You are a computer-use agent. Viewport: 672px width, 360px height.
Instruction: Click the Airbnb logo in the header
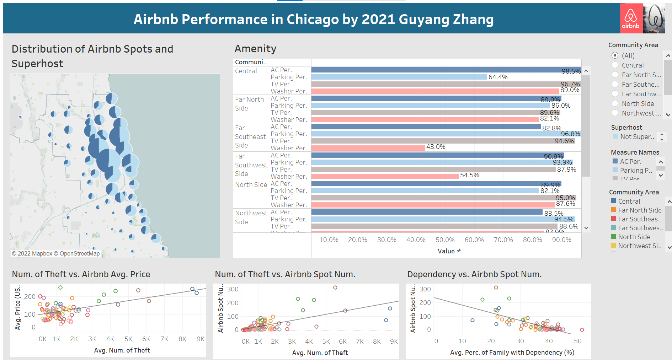(631, 18)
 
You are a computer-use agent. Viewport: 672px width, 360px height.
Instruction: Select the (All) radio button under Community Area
(615, 55)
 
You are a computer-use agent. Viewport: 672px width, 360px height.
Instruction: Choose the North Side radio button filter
(615, 103)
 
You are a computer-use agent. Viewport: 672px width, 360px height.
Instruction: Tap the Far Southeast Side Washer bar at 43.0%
(368, 147)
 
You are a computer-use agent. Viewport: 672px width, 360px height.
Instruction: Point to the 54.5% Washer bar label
(469, 175)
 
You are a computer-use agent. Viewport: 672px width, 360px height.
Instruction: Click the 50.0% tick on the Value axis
(445, 240)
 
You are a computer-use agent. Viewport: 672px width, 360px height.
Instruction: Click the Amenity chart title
(255, 49)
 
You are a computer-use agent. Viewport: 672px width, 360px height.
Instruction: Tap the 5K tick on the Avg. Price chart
(128, 339)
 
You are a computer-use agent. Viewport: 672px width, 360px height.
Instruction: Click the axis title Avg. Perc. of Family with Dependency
(512, 353)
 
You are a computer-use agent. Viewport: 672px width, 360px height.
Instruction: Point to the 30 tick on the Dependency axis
(520, 341)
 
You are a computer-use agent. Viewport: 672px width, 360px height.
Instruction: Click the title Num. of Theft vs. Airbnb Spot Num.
(285, 274)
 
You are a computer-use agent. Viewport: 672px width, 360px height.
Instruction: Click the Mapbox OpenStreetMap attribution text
(56, 254)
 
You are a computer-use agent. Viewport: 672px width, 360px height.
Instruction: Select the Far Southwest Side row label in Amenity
(251, 165)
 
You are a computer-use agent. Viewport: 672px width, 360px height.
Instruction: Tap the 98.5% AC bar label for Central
(571, 71)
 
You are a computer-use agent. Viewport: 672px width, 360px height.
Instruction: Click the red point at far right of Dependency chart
(582, 330)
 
